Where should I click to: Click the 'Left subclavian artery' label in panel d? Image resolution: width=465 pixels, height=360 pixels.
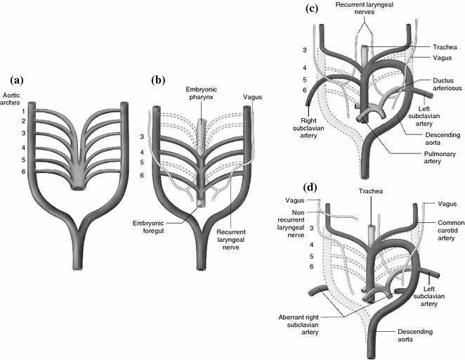click(x=439, y=295)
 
